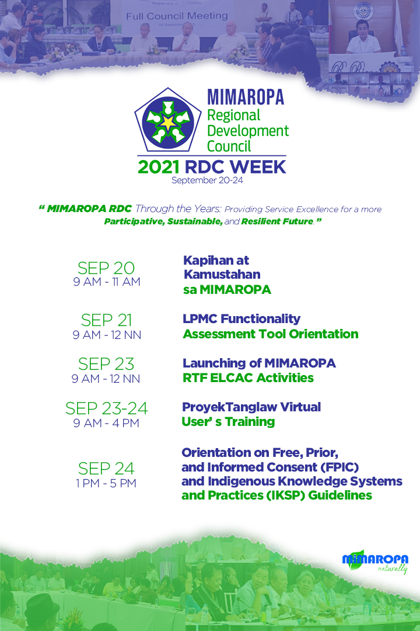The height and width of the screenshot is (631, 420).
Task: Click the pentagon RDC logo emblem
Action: tap(168, 120)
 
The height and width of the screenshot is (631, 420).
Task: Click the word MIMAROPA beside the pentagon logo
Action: tap(246, 97)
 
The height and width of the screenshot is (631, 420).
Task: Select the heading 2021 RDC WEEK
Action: tap(212, 167)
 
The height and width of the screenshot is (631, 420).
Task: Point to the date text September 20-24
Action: tap(208, 181)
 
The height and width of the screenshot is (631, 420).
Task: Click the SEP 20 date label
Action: tap(106, 268)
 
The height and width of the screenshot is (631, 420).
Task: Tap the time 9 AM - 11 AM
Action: tap(107, 282)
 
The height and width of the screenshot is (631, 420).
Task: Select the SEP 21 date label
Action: tap(107, 320)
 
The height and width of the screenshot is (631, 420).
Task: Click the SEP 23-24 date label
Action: tap(107, 408)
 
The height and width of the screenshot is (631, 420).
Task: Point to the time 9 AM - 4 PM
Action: tap(106, 423)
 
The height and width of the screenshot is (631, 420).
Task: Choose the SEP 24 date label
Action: tap(106, 469)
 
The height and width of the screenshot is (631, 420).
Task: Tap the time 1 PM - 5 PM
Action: tap(106, 483)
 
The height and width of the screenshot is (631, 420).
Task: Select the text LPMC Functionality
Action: tap(242, 319)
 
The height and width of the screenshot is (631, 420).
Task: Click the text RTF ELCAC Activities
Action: tap(248, 378)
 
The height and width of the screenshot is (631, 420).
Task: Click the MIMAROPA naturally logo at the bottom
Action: tap(375, 561)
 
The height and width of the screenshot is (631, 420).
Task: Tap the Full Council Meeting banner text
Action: tap(177, 16)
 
